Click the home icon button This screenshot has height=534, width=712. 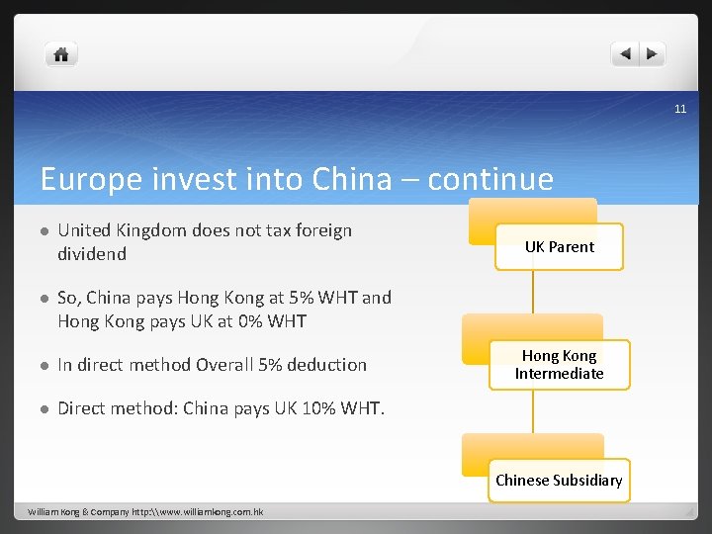[x=61, y=54]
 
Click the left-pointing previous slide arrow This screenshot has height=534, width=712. [x=625, y=54]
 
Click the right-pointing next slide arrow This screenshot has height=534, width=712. [x=653, y=54]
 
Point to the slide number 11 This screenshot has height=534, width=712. [x=680, y=109]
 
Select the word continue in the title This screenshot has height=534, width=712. [x=490, y=179]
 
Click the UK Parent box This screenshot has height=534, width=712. [x=559, y=247]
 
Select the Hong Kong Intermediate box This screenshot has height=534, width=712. [x=559, y=364]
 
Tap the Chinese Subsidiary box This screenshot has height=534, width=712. [x=559, y=481]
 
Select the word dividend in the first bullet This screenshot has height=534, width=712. [x=92, y=254]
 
